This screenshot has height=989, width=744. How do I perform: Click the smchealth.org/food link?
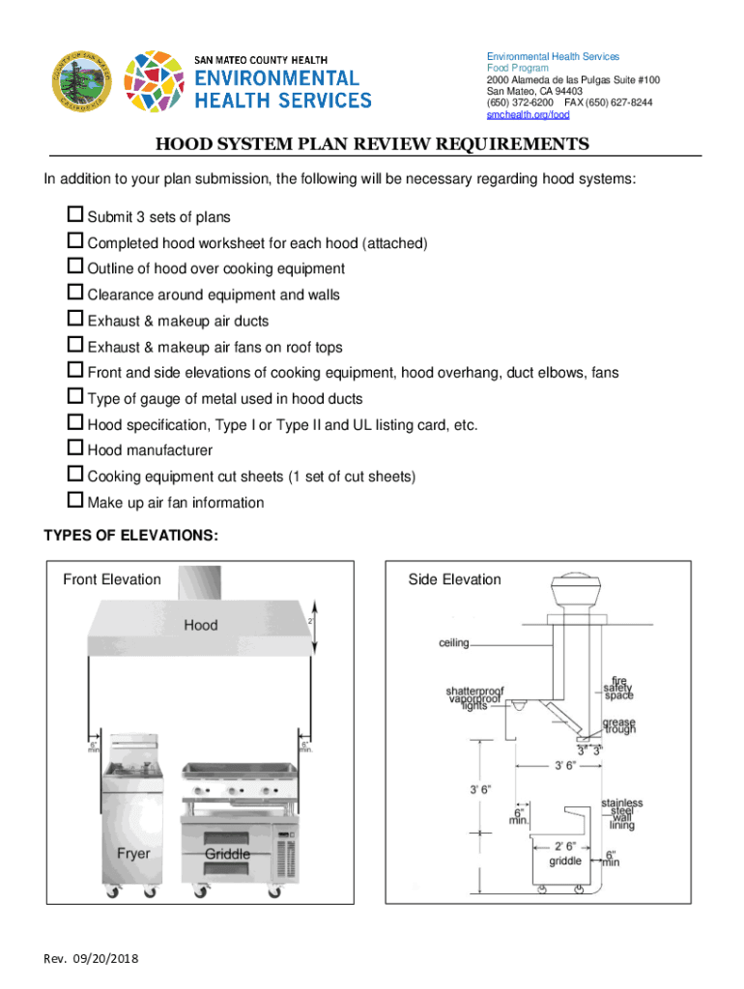point(528,114)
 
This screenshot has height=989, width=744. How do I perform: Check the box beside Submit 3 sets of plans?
point(75,215)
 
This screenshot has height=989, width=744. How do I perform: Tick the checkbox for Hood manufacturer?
point(75,449)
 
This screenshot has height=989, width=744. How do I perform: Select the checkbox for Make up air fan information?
point(75,501)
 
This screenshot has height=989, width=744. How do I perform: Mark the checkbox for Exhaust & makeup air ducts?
point(75,320)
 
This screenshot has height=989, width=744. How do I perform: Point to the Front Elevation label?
point(112,579)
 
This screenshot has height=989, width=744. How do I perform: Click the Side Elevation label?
point(454,579)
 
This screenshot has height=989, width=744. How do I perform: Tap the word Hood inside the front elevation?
point(201,625)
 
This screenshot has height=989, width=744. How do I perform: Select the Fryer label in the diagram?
point(133,854)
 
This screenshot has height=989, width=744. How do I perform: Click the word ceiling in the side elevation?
point(454,642)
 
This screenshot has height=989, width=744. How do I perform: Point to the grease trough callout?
point(619,725)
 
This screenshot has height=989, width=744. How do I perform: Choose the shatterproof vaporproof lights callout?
point(474,698)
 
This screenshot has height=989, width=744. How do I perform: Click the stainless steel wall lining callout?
point(621,814)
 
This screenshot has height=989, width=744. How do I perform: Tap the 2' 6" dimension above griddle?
point(566,845)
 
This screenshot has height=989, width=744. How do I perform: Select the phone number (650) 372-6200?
point(521,102)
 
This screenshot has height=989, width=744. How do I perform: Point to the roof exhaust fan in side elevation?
point(570,598)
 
